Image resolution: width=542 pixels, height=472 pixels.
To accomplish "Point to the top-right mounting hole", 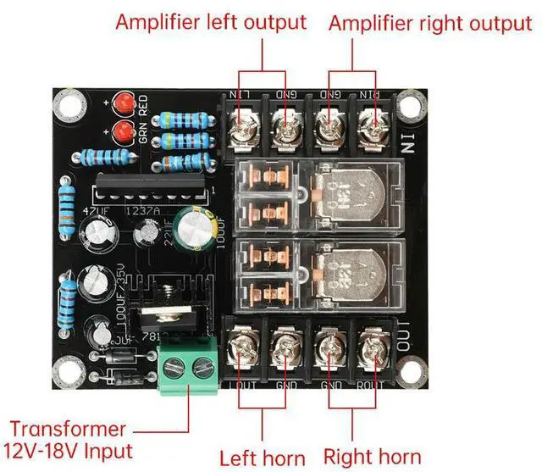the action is pyautogui.click(x=412, y=108).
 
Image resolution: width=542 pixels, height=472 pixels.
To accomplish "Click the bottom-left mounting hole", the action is pyautogui.click(x=64, y=371).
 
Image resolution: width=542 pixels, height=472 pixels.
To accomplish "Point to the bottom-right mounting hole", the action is pyautogui.click(x=412, y=371).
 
